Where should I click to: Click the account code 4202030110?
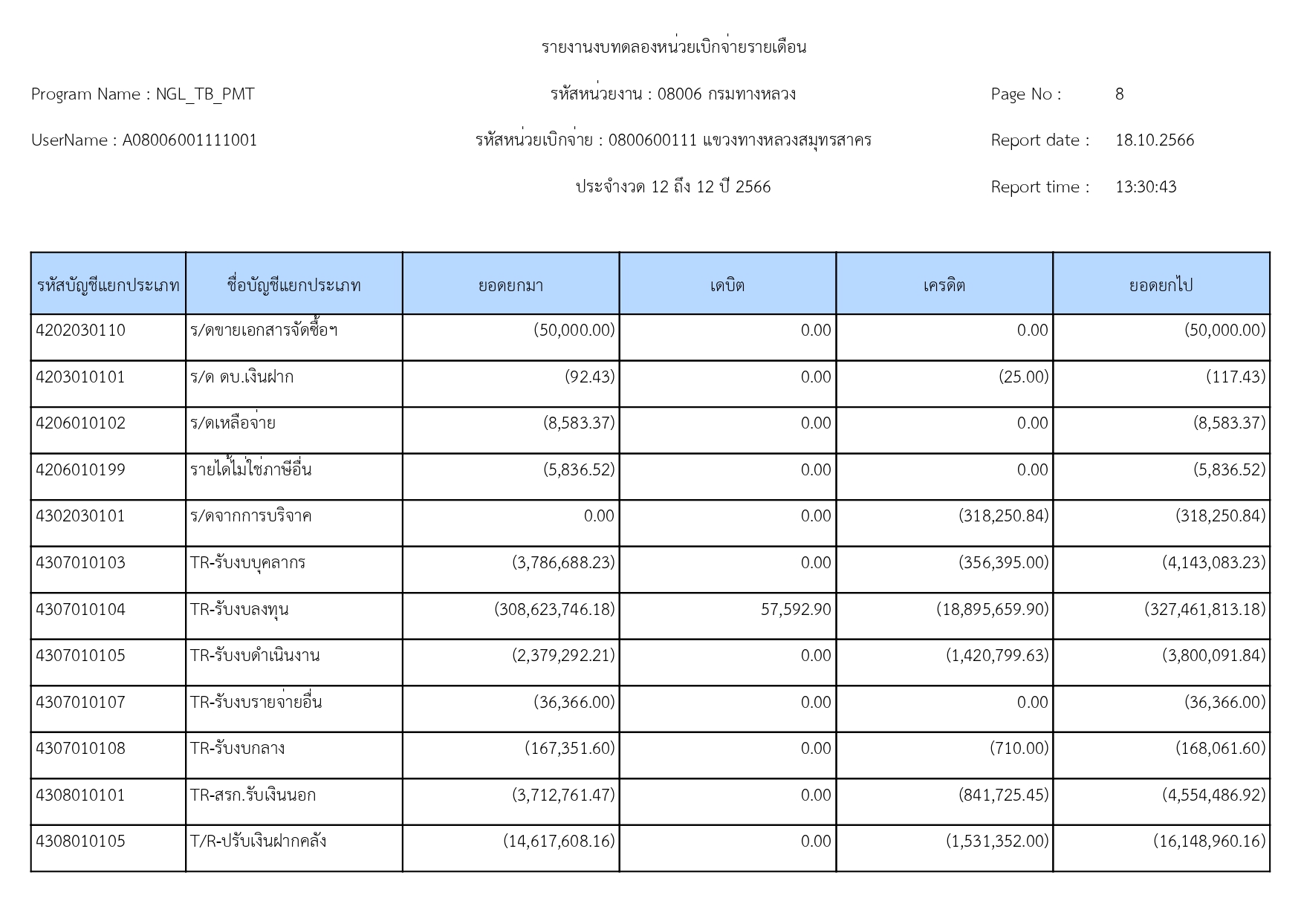tap(80, 331)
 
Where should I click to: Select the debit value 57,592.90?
tap(796, 610)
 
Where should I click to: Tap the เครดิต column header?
tap(944, 285)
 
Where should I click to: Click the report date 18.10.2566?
tap(1154, 140)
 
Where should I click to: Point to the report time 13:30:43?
tap(1145, 187)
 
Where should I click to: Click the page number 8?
tap(1119, 94)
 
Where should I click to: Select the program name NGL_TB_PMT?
tap(204, 94)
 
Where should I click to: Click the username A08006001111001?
tap(189, 140)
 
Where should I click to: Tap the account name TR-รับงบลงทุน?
tap(239, 610)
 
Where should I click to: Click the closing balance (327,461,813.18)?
tap(1204, 610)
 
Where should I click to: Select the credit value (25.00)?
tap(1023, 377)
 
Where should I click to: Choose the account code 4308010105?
tap(80, 842)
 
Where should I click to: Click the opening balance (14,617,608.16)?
tap(559, 842)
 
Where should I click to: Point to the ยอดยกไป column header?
tap(1161, 285)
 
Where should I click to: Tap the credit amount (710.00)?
tap(1019, 749)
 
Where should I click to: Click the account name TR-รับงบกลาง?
tap(237, 749)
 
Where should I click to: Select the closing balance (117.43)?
tap(1235, 377)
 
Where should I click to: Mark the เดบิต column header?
tap(727, 285)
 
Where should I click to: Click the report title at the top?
tap(673, 48)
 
